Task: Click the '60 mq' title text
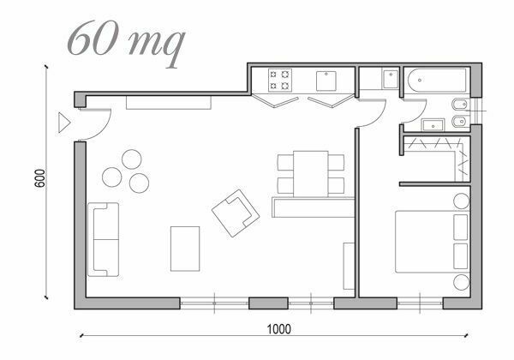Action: (126, 43)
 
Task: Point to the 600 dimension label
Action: (39, 178)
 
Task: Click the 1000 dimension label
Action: (279, 329)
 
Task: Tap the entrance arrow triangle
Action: (64, 123)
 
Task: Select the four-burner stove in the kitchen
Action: (280, 80)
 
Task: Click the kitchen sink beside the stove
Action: (326, 81)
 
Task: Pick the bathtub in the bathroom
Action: (437, 81)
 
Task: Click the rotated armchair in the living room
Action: (236, 213)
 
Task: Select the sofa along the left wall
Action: (104, 239)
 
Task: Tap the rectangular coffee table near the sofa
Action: (185, 249)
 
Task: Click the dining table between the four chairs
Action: (311, 174)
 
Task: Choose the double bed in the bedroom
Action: (433, 242)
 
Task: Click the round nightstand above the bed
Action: (462, 201)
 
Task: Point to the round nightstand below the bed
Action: (462, 282)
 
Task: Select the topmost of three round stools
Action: (131, 159)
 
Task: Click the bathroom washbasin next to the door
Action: (433, 125)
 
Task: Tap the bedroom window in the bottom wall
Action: (420, 303)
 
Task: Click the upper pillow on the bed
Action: (461, 227)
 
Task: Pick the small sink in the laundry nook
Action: (390, 79)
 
